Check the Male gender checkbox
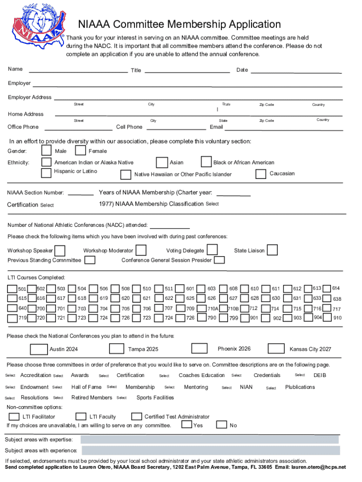(46, 151)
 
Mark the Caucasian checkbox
(260, 174)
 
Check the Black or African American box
(206, 162)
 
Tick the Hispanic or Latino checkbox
(46, 172)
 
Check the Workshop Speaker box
(60, 250)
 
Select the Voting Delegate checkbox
(212, 249)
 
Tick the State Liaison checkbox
(272, 250)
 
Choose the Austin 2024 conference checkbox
(39, 349)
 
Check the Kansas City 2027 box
(276, 348)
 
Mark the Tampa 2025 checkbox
(116, 348)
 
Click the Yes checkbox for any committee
(187, 425)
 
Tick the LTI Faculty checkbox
(80, 416)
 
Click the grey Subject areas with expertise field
(209, 440)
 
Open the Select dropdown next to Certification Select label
(47, 205)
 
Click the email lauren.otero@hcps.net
(318, 467)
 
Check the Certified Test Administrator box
(136, 416)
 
